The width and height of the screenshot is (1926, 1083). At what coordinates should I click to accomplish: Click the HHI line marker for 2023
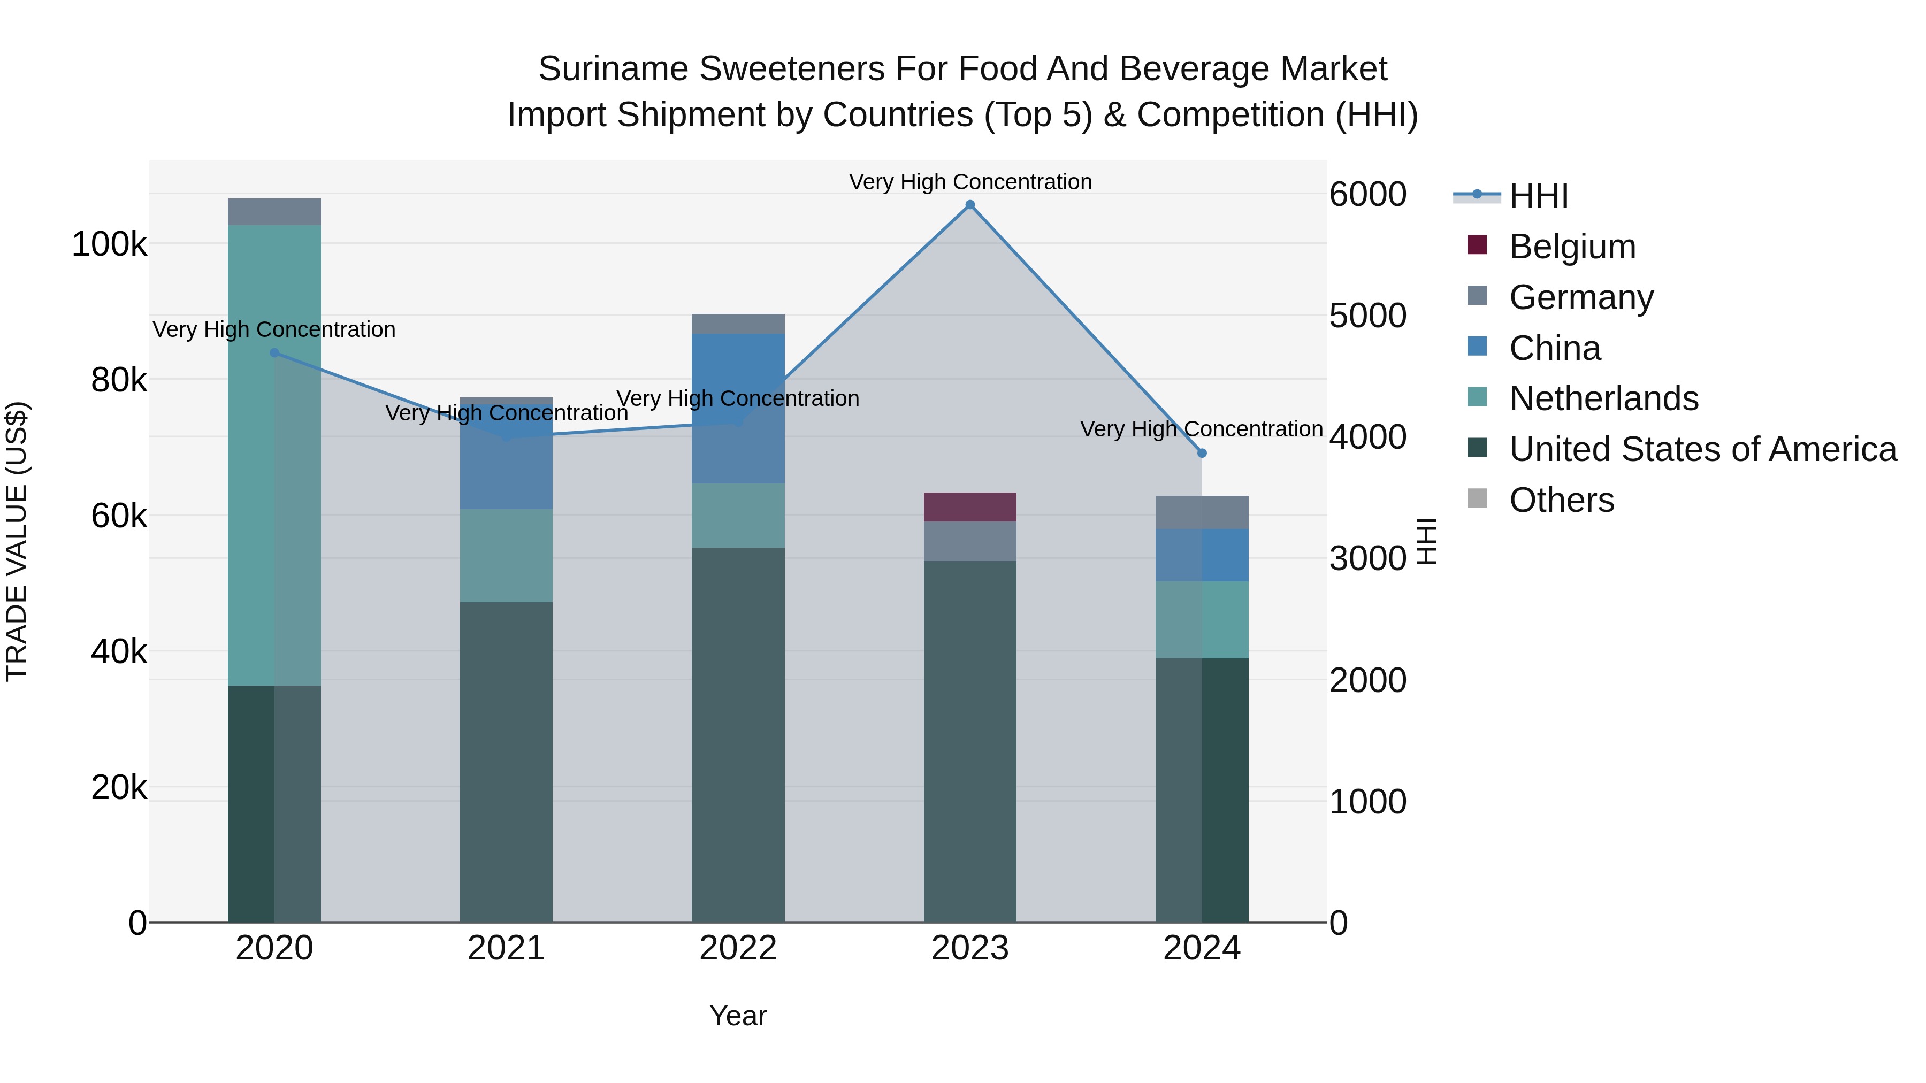pyautogui.click(x=970, y=205)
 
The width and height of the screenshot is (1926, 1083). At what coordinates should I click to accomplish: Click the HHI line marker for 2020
pyautogui.click(x=274, y=353)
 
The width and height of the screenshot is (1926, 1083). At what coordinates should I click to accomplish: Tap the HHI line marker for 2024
pyautogui.click(x=1202, y=453)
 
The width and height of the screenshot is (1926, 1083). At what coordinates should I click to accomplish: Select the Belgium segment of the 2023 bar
pyautogui.click(x=970, y=507)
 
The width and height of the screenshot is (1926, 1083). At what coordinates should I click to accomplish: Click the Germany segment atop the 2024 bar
pyautogui.click(x=1202, y=513)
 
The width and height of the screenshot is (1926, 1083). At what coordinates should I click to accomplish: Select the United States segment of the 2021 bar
pyautogui.click(x=506, y=762)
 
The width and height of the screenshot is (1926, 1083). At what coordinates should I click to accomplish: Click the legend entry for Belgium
pyautogui.click(x=1572, y=247)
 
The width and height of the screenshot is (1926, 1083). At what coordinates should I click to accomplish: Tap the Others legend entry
pyautogui.click(x=1561, y=500)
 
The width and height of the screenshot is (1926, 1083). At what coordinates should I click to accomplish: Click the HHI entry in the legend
pyautogui.click(x=1538, y=196)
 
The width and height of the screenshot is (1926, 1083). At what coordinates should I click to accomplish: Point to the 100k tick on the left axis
pyautogui.click(x=109, y=244)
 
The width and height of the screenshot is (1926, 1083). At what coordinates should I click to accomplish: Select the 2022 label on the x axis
pyautogui.click(x=738, y=948)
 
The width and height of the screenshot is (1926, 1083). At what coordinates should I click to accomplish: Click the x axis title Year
pyautogui.click(x=738, y=1016)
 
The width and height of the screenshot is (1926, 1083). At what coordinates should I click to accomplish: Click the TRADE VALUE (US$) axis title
pyautogui.click(x=17, y=541)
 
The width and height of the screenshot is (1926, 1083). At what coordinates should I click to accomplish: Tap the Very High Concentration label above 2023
pyautogui.click(x=970, y=182)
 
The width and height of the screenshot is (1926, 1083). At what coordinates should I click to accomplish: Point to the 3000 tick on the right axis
pyautogui.click(x=1367, y=559)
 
